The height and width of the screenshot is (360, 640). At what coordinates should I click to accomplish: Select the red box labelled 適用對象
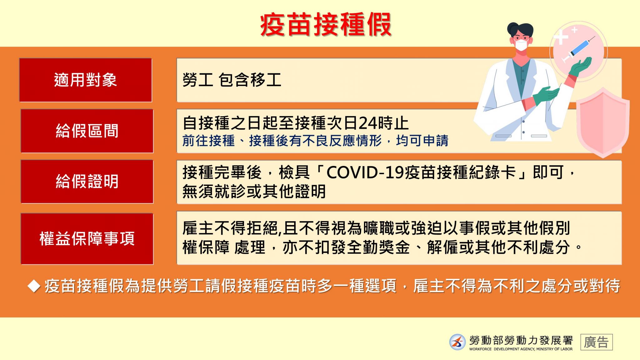click(86, 80)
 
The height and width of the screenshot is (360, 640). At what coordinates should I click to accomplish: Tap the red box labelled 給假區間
click(87, 131)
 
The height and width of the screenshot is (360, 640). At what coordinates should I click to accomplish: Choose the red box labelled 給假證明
click(87, 182)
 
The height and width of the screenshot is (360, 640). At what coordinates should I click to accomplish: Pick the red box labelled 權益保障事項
click(87, 239)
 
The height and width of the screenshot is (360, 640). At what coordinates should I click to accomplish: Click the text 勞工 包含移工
click(232, 80)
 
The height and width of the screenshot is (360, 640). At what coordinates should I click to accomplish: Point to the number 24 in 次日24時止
click(368, 123)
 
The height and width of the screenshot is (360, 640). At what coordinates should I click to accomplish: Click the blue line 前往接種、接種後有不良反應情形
click(282, 141)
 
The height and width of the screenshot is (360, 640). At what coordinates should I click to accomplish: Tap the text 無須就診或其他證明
click(254, 191)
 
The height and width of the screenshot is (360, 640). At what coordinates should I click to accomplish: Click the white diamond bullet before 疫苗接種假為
click(34, 286)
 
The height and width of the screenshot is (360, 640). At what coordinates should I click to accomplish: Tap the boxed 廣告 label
click(597, 342)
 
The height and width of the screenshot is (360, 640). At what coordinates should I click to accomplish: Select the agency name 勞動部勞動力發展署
click(521, 340)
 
